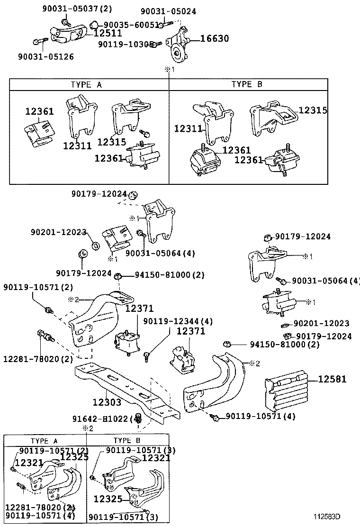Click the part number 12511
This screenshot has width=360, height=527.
[x=108, y=33]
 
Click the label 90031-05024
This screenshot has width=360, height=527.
[x=168, y=11]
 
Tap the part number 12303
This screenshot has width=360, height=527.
[x=107, y=402]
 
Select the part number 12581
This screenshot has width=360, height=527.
[x=332, y=379]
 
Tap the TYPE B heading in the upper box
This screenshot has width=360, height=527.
[x=247, y=84]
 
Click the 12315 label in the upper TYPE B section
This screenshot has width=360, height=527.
[x=313, y=110]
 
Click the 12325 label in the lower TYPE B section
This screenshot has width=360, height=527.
[x=108, y=499]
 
